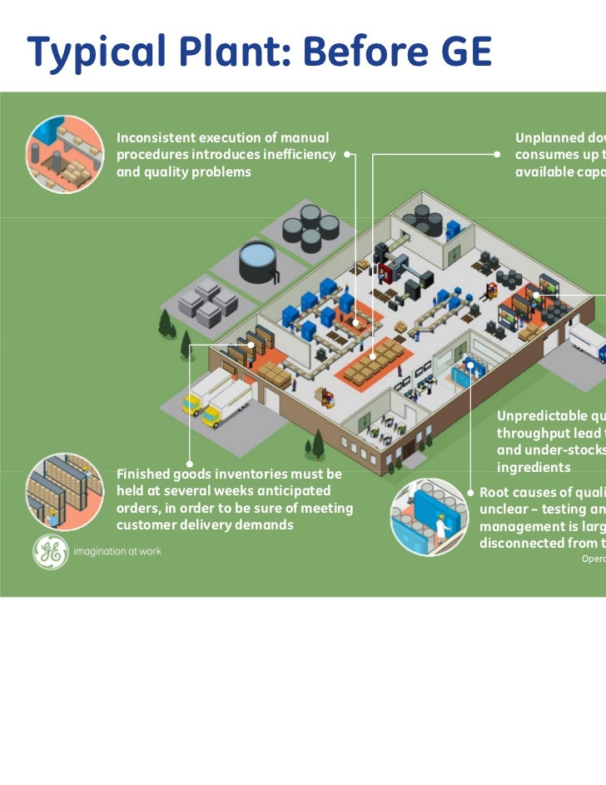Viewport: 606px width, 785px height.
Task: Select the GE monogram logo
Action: [x=51, y=552]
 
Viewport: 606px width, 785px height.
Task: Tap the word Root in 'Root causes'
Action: [x=496, y=492]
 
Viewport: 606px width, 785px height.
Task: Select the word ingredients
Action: [x=534, y=468]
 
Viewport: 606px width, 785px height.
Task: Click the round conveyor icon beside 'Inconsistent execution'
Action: [x=65, y=154]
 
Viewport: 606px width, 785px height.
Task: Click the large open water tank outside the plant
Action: [x=258, y=261]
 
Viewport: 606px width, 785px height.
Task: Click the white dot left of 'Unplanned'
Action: [x=496, y=155]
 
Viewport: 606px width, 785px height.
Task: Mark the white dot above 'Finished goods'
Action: [x=190, y=464]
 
